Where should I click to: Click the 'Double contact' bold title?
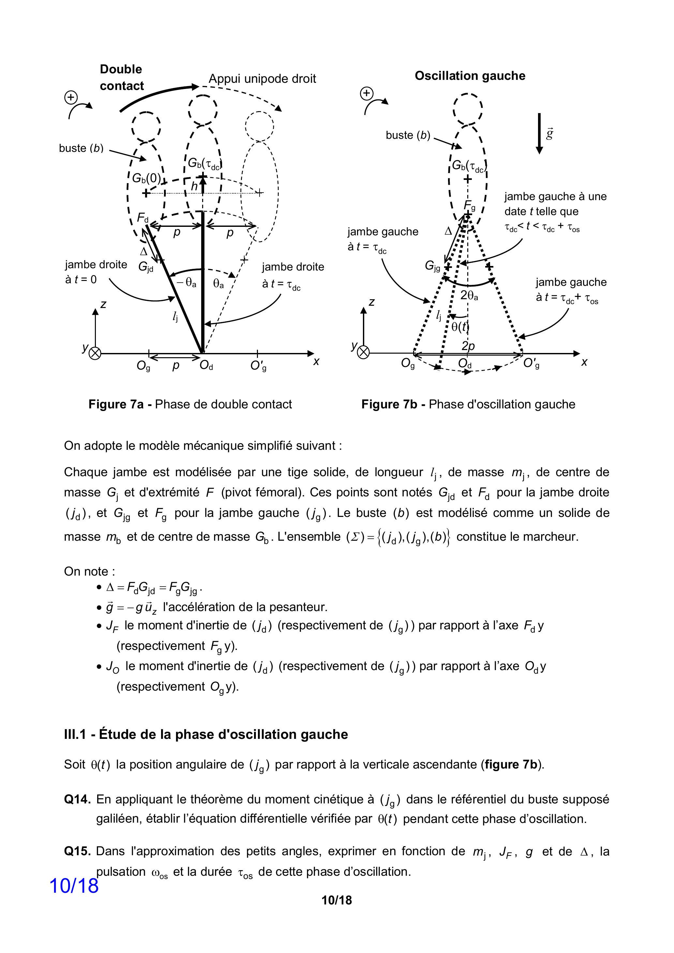tap(121, 77)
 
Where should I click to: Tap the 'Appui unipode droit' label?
tap(262, 79)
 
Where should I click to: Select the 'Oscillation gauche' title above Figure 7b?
tap(470, 76)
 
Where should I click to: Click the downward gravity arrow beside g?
tap(539, 133)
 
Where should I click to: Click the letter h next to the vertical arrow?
tap(194, 187)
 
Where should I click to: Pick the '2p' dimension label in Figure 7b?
tap(468, 346)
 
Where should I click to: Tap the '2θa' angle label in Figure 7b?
tap(469, 296)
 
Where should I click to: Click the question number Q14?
tap(77, 799)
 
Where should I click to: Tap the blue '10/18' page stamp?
tap(74, 886)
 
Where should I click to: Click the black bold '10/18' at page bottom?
tap(337, 900)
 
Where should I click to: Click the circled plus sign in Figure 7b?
tap(366, 94)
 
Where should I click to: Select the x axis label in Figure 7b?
tap(584, 362)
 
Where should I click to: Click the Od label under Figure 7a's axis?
tap(206, 365)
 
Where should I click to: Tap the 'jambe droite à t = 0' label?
tap(96, 272)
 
